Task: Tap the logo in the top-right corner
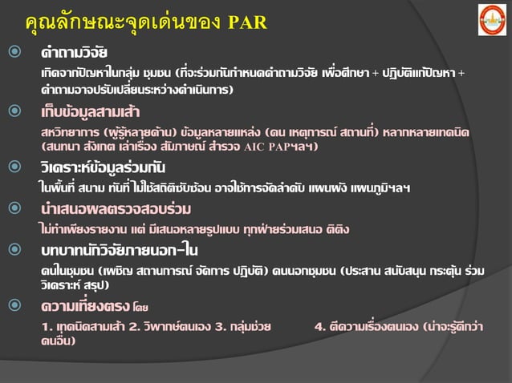(x=492, y=19)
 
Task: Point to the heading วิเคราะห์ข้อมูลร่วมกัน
(x=104, y=167)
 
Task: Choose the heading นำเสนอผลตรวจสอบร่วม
(x=116, y=209)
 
